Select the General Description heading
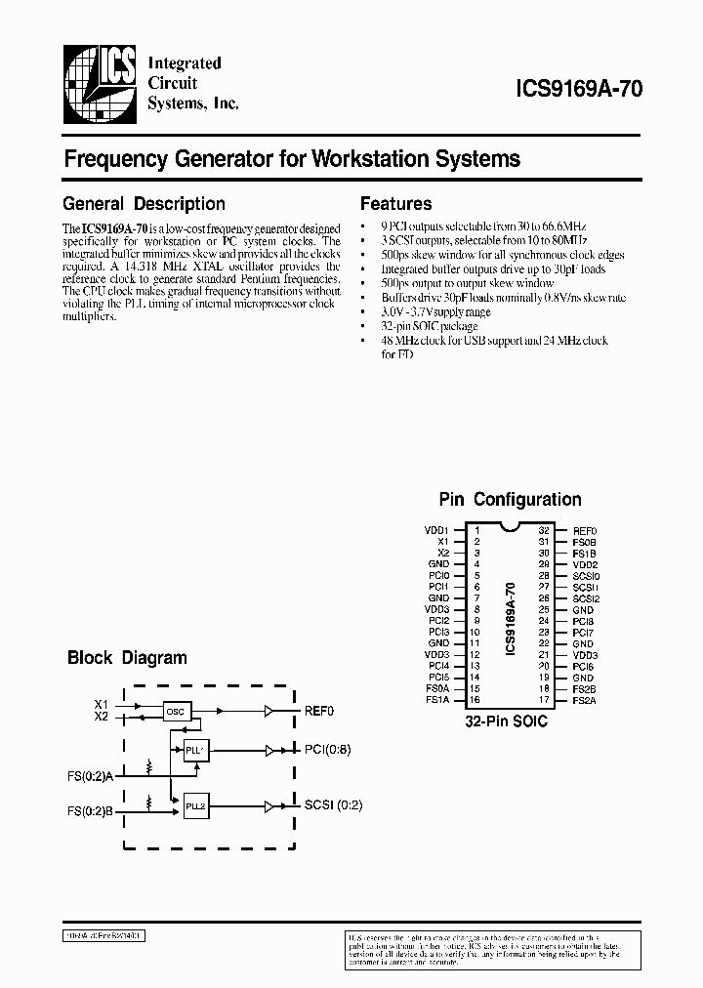click(144, 204)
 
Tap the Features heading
click(395, 204)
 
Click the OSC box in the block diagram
click(177, 711)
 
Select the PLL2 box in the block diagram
click(196, 806)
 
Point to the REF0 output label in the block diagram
click(319, 711)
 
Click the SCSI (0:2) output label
click(332, 806)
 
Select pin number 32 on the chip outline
click(544, 529)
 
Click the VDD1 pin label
click(436, 529)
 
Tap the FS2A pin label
click(584, 700)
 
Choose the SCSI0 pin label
click(586, 575)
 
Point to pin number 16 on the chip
click(476, 700)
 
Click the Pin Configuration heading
click(510, 499)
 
